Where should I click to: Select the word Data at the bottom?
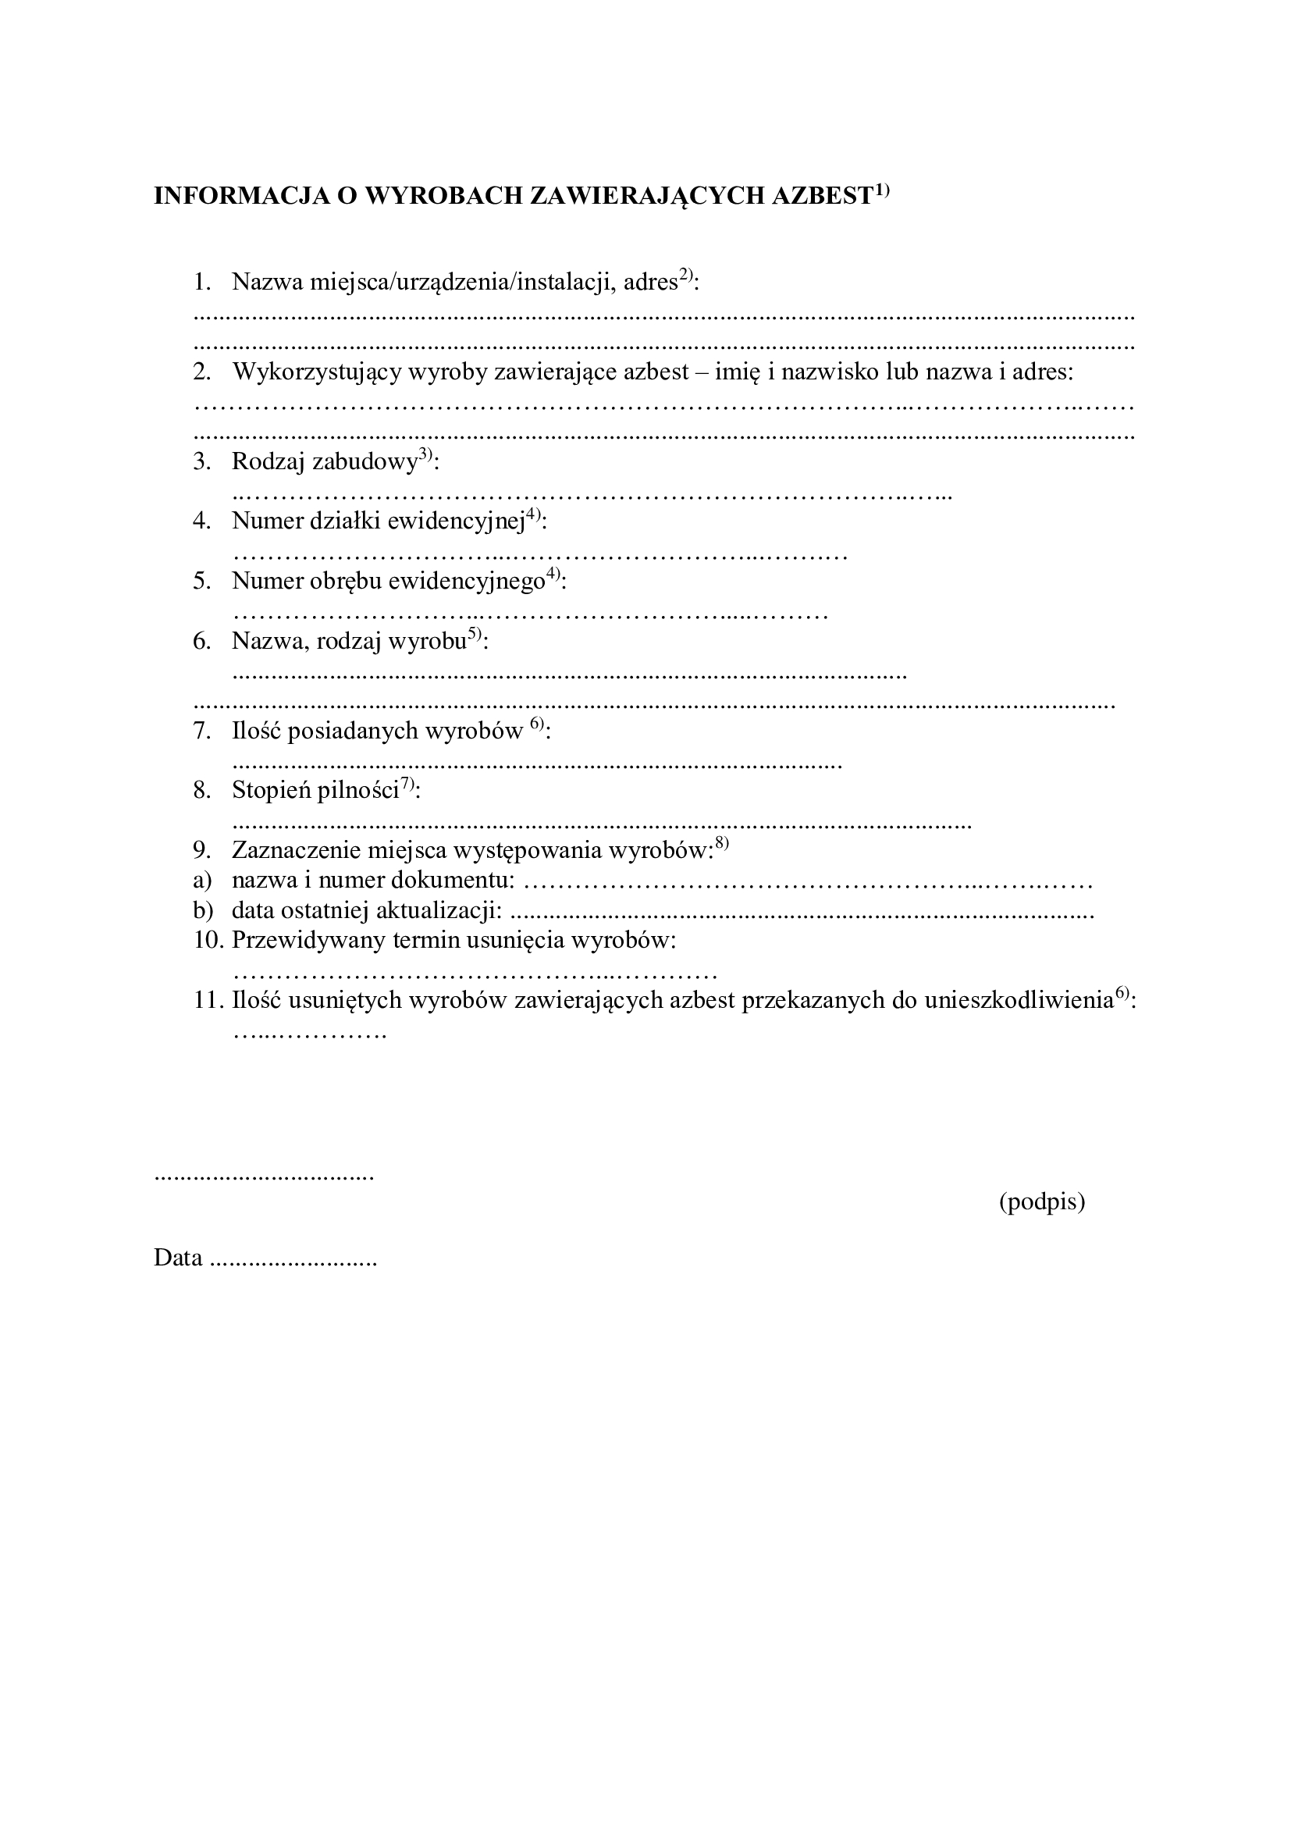[x=178, y=1258]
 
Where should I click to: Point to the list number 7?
[x=201, y=730]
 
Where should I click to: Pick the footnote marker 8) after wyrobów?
[x=721, y=843]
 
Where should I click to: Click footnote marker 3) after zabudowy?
[x=425, y=455]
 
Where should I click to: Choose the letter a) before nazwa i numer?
[x=202, y=880]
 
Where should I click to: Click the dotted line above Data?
[x=263, y=1177]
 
